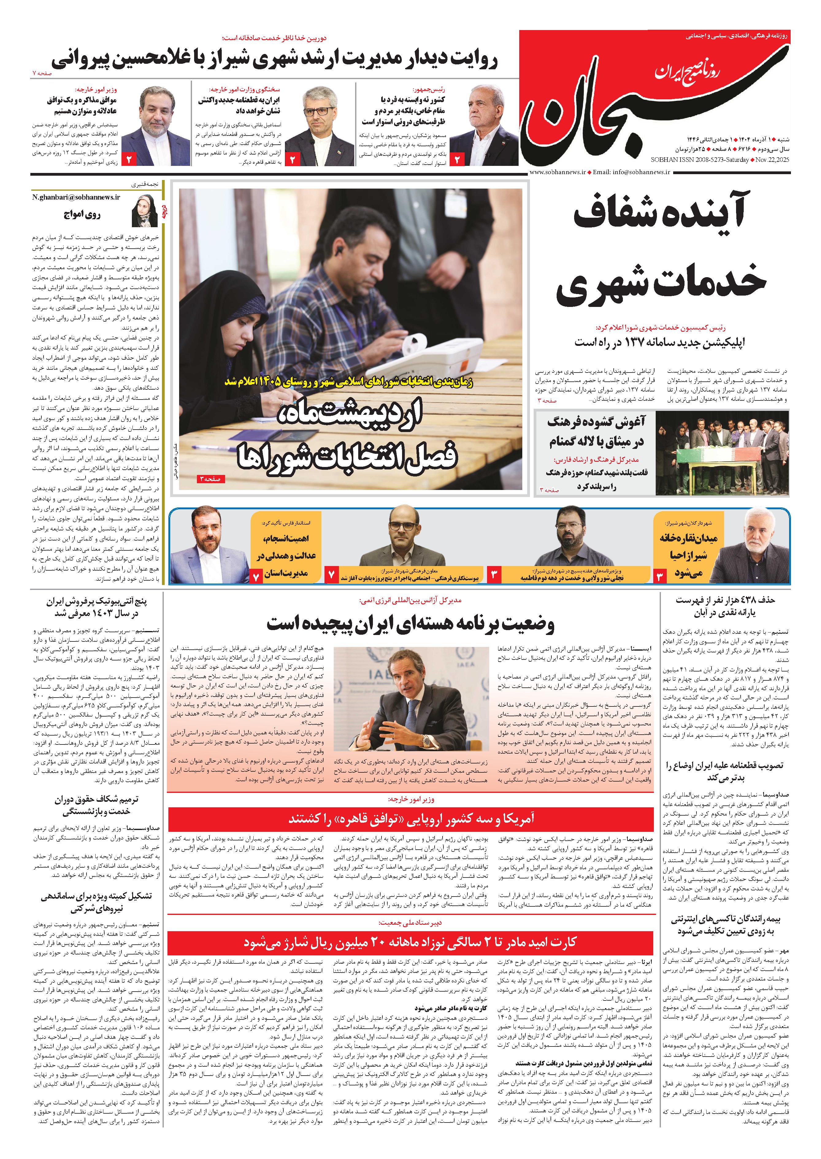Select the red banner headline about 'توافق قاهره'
pos(410,818)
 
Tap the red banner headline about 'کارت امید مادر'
pos(410,942)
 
